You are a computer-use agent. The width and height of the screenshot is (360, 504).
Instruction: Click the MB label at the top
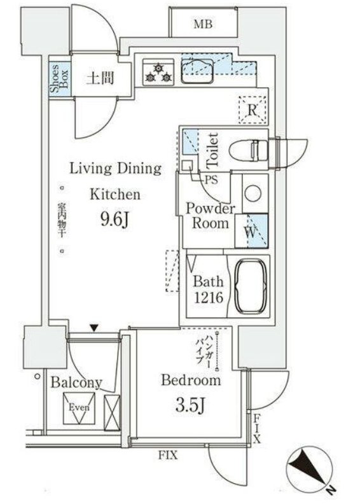click(x=203, y=24)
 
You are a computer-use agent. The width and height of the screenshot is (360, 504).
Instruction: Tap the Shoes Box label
click(x=60, y=77)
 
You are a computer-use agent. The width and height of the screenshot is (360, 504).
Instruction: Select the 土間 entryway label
click(x=100, y=78)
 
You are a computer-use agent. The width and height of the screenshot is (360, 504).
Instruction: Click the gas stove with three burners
click(x=158, y=73)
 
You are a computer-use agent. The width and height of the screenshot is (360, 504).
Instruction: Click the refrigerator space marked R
click(x=253, y=110)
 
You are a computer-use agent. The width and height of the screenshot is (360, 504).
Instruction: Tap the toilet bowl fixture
click(x=249, y=150)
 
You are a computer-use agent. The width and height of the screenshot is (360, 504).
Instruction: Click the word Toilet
click(x=213, y=150)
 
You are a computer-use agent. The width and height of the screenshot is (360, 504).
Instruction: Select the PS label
click(x=211, y=180)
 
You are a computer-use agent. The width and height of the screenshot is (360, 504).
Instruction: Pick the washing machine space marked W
click(x=251, y=231)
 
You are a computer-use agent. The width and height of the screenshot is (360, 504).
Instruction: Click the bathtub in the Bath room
click(x=251, y=286)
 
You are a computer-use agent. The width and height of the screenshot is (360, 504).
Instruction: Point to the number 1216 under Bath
click(x=208, y=298)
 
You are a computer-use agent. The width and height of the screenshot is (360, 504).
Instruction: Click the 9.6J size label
click(x=115, y=220)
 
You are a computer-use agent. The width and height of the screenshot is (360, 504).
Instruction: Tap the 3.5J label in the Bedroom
click(x=190, y=405)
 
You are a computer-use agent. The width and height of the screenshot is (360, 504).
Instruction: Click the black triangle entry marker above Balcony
click(x=93, y=328)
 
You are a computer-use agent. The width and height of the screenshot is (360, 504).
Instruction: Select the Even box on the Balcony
click(x=79, y=408)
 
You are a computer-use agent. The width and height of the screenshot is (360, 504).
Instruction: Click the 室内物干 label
click(x=61, y=219)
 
